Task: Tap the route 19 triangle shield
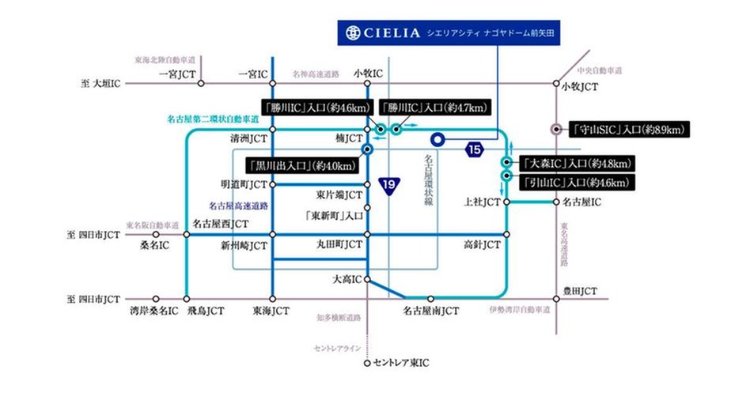click(x=388, y=184)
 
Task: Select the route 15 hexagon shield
click(x=474, y=149)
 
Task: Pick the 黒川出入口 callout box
click(x=301, y=166)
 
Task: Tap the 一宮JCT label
click(x=177, y=74)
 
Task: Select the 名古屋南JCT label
click(x=430, y=312)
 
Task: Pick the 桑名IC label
click(x=155, y=246)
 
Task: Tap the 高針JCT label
click(x=482, y=246)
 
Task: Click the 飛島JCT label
click(x=205, y=312)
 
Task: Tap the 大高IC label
click(x=345, y=279)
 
